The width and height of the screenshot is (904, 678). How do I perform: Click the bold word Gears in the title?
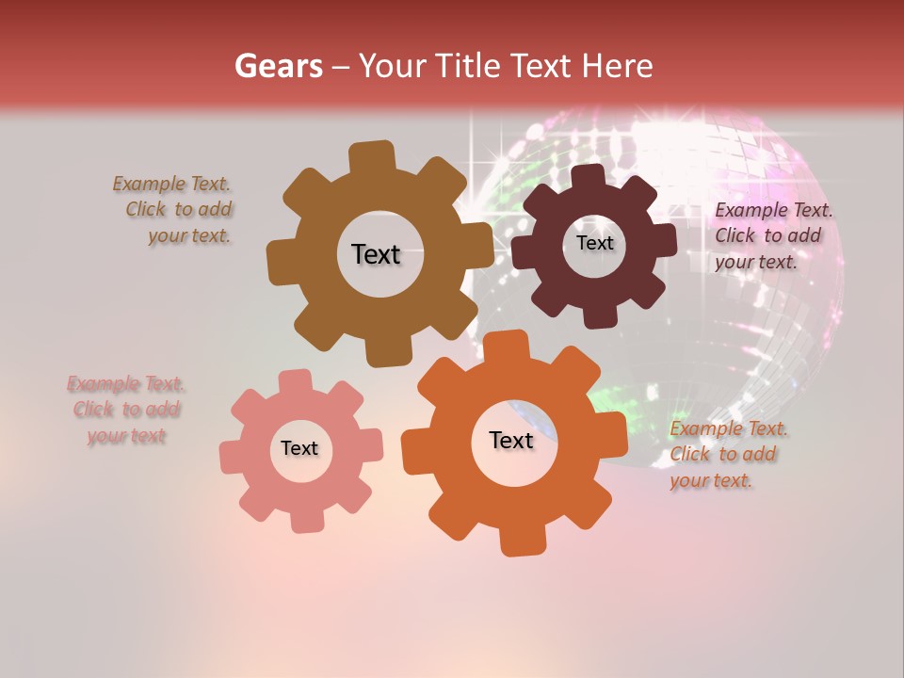pos(278,66)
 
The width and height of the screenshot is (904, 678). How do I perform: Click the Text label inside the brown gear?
pos(376,254)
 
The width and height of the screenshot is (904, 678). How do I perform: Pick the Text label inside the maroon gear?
pos(594,243)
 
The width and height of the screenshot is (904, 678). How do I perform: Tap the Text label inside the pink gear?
pos(299,448)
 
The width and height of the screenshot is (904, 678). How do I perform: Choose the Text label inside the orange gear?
pos(511,440)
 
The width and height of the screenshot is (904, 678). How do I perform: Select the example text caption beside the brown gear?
pos(174,210)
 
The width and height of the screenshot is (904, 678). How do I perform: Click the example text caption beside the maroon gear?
pos(773,236)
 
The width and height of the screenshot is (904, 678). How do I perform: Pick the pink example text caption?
pos(126,410)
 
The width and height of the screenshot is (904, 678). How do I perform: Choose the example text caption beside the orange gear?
pos(728,455)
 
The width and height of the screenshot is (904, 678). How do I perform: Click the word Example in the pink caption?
pos(105,384)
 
